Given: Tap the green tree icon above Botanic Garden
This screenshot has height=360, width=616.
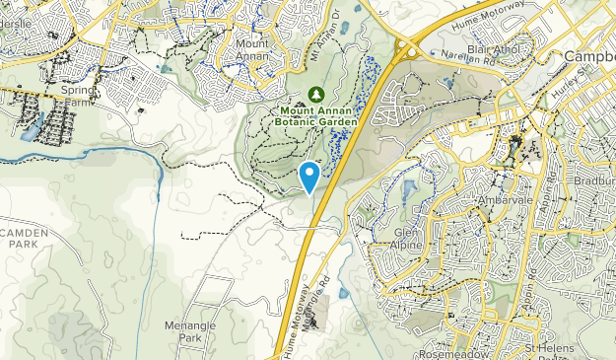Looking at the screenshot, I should [x=315, y=94].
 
